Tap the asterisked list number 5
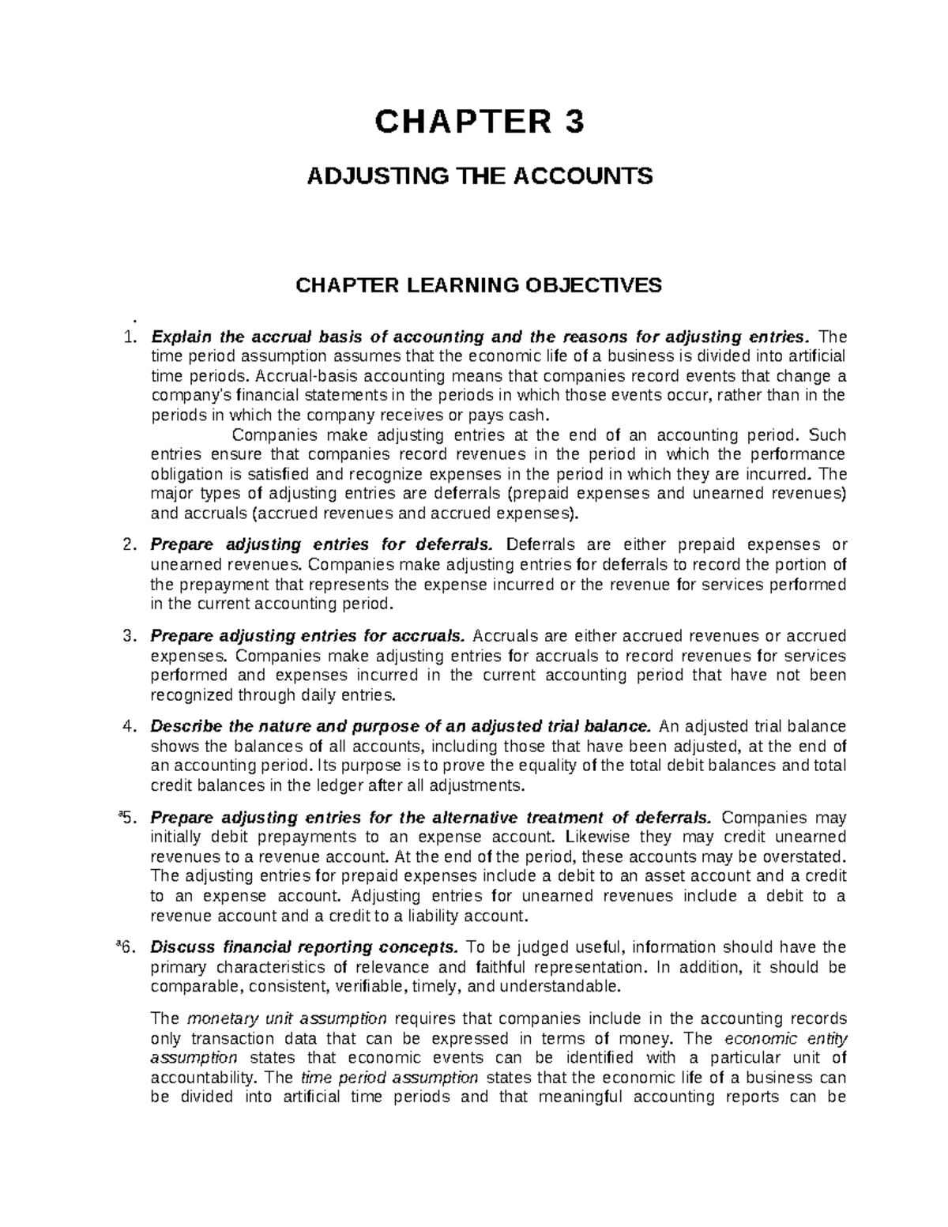(x=130, y=817)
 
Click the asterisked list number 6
(x=130, y=947)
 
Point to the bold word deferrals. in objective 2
(x=457, y=545)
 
